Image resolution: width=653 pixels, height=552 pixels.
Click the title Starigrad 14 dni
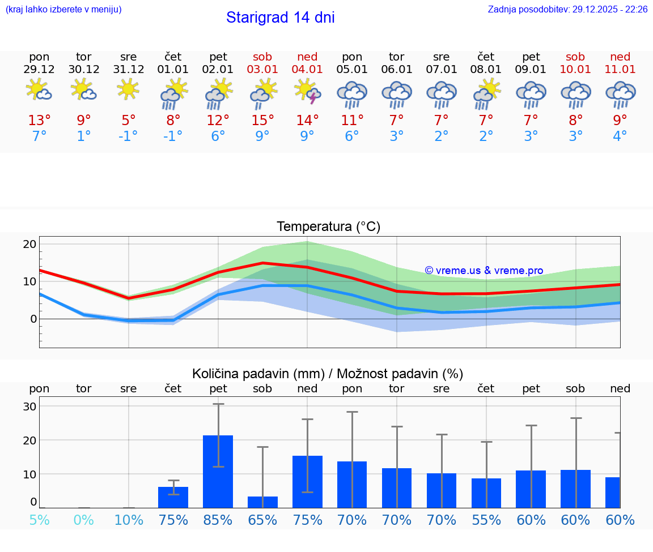click(280, 18)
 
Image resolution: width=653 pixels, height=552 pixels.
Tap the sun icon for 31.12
click(129, 89)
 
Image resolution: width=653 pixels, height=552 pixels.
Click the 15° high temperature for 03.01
click(262, 120)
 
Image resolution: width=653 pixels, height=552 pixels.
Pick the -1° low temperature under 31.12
click(129, 136)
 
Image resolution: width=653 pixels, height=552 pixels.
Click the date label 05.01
click(352, 69)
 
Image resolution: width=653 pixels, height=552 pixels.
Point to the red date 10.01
click(575, 69)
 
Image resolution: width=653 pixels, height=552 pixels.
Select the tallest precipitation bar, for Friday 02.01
click(218, 471)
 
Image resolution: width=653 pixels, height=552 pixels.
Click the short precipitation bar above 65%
click(262, 502)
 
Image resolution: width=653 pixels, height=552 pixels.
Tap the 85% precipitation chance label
click(218, 520)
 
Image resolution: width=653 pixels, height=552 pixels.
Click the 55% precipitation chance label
click(486, 520)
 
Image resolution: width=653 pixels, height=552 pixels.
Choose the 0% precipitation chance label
click(84, 520)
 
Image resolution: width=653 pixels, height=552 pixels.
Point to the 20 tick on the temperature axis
click(29, 244)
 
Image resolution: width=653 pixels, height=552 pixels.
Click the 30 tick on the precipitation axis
click(29, 406)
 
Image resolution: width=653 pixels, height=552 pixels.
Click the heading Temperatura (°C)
click(328, 226)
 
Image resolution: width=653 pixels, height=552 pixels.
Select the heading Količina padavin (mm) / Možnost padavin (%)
click(328, 374)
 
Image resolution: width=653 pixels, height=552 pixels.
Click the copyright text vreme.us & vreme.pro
click(484, 271)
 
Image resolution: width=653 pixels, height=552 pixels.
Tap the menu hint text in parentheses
click(63, 9)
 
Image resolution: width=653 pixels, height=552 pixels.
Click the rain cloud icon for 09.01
click(531, 94)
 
